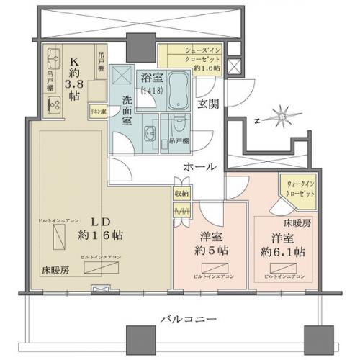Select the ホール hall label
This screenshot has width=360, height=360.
[200, 166]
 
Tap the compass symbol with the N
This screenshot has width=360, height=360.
[277, 118]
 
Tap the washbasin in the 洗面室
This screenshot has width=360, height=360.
[149, 132]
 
